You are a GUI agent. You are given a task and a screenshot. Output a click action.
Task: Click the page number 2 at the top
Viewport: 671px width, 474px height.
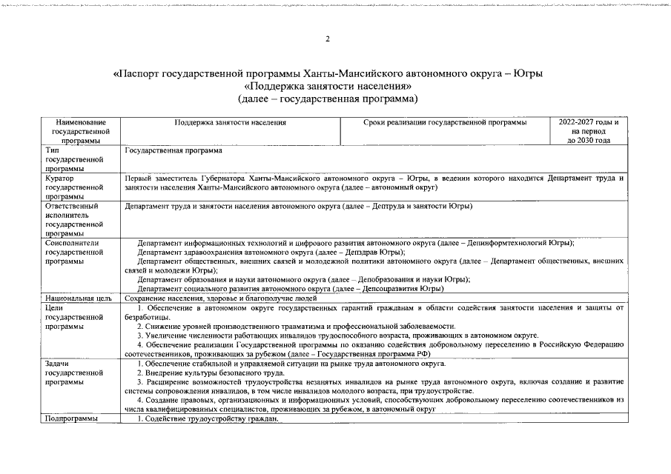coord(327,39)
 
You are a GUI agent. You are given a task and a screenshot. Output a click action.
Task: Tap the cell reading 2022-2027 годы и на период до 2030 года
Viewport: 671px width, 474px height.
coord(589,131)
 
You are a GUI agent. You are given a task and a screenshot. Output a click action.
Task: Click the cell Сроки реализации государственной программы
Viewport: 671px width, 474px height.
coord(445,122)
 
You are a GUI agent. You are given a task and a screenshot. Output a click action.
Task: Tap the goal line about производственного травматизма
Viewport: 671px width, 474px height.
coord(297,326)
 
